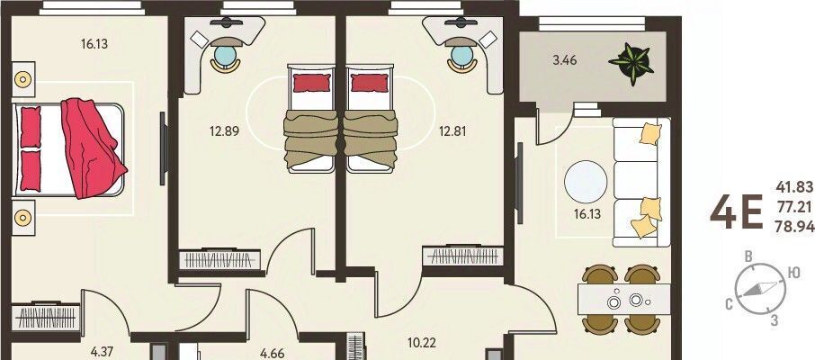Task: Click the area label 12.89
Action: (225, 131)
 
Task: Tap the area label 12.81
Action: (452, 131)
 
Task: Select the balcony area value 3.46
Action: (564, 60)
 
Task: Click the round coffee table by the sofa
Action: (586, 182)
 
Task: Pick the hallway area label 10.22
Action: (422, 344)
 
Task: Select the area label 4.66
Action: (272, 354)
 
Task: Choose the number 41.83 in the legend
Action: (794, 186)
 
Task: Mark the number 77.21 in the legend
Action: (794, 208)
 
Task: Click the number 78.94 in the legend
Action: (794, 228)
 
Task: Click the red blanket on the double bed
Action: (93, 148)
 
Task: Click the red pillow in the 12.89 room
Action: (312, 83)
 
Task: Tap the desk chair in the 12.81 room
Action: (462, 58)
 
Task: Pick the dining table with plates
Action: (623, 299)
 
